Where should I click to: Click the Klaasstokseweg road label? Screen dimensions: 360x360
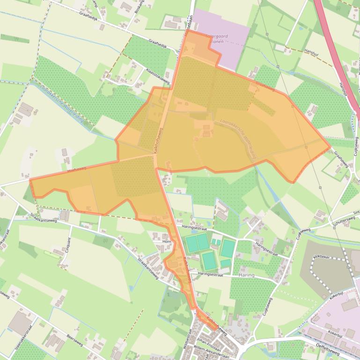(x=157, y=72)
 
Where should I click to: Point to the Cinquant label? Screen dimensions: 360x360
(x=69, y=244)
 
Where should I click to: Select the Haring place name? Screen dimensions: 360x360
(x=246, y=275)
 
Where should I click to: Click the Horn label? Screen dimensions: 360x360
(x=166, y=241)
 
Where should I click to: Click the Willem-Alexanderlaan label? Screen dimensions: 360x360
(x=213, y=348)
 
